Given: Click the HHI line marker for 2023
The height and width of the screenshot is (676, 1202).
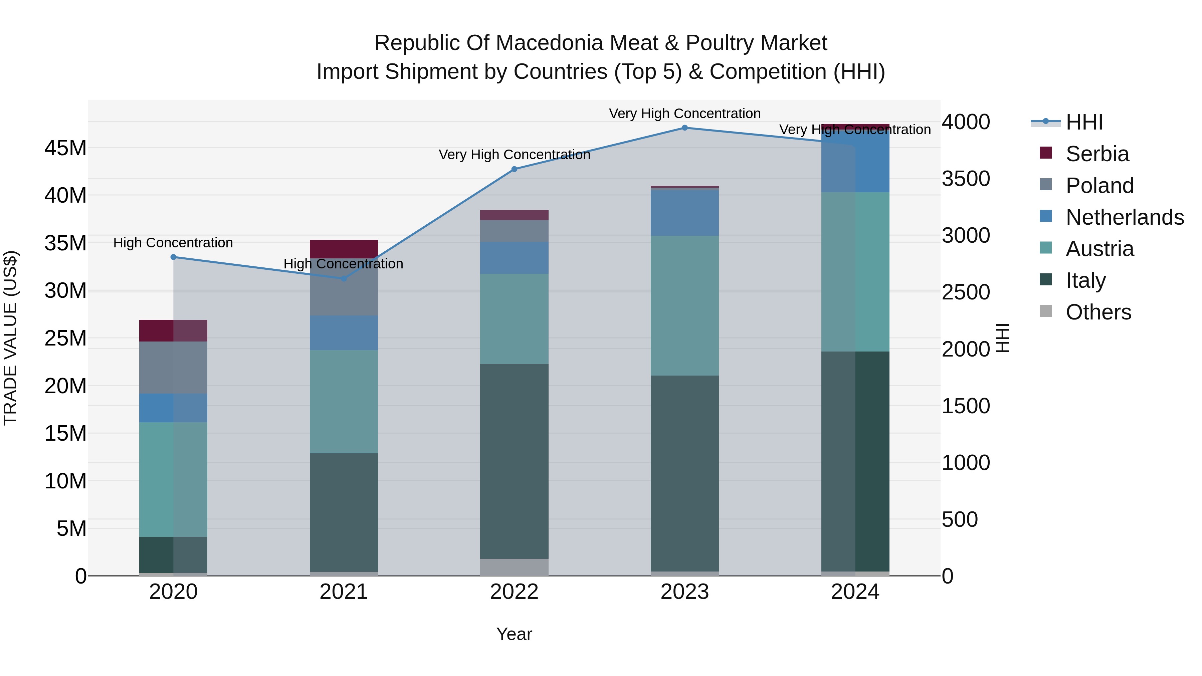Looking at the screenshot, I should (x=684, y=128).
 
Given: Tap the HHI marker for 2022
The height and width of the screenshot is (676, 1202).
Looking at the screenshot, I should (x=514, y=169).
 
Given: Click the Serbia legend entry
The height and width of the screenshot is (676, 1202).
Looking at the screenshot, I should (x=1097, y=154).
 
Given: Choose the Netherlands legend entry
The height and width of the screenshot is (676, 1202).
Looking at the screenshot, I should (x=1125, y=217).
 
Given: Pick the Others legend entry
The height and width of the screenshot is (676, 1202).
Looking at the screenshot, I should (x=1098, y=312).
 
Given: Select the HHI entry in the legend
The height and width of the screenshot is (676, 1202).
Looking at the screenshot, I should (x=1084, y=122).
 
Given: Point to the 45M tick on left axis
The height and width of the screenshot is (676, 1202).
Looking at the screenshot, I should (x=65, y=148).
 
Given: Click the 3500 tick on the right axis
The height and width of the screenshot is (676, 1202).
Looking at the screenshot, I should (x=965, y=179).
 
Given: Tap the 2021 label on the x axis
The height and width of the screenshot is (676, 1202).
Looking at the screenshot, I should (x=344, y=592).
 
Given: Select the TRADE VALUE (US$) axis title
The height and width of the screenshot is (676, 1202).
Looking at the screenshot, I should (x=10, y=338).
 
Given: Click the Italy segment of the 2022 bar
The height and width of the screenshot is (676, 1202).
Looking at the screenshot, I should (x=514, y=461).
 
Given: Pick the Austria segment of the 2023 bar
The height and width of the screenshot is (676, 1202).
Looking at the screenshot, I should (x=684, y=305).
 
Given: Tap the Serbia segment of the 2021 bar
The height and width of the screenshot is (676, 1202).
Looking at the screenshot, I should (x=344, y=249).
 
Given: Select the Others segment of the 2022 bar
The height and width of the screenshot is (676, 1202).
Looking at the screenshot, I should (x=514, y=567).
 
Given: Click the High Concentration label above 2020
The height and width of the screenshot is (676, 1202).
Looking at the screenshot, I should (x=173, y=243).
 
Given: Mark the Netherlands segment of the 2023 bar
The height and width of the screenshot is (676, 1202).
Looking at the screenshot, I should (x=684, y=213).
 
